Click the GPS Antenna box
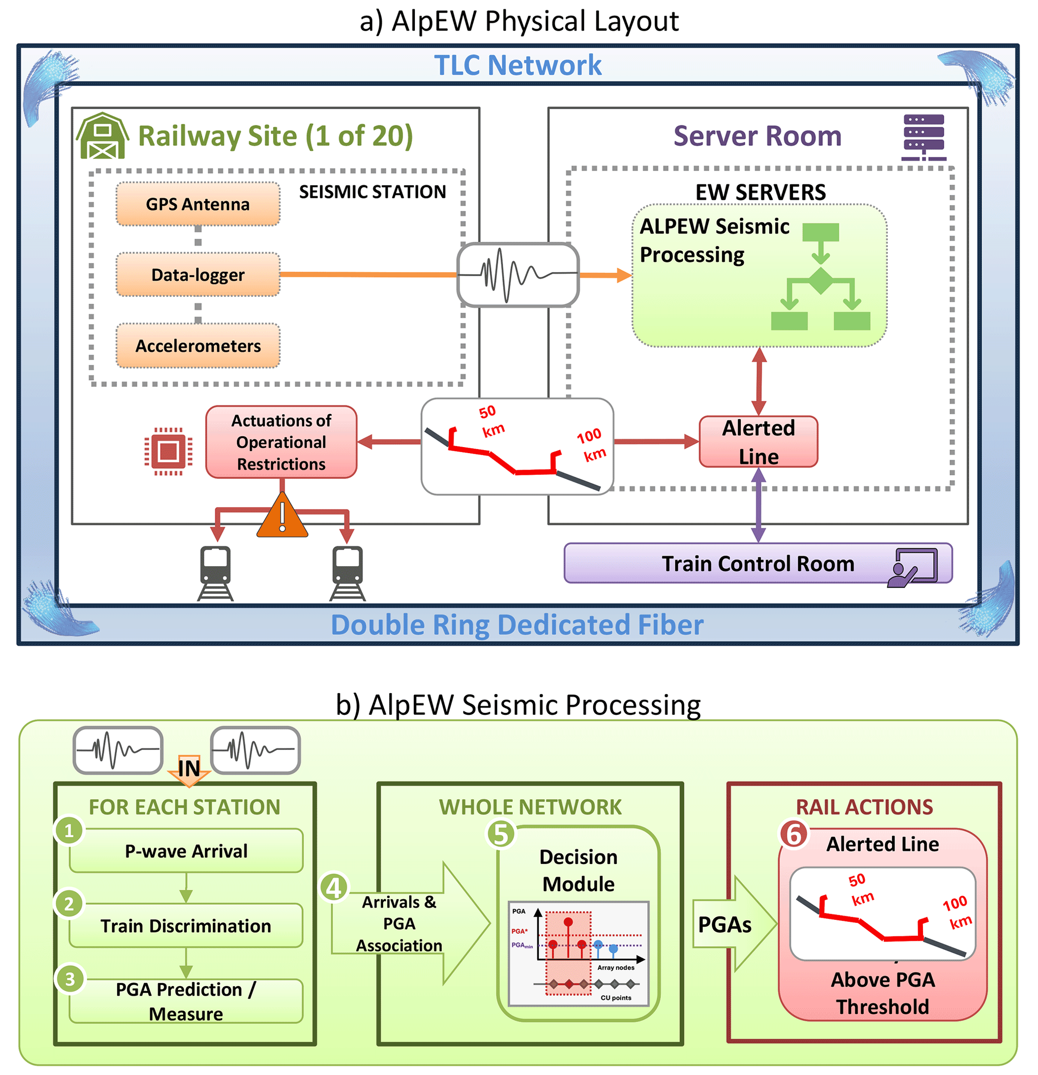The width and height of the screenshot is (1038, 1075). [x=197, y=204]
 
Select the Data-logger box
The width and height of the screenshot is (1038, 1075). [x=197, y=274]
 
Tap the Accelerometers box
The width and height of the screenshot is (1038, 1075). [x=197, y=346]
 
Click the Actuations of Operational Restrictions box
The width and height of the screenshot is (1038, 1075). [x=281, y=442]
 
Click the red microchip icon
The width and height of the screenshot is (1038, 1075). [x=168, y=451]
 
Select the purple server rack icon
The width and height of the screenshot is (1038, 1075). [x=924, y=137]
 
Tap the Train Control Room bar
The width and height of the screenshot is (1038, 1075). [x=757, y=563]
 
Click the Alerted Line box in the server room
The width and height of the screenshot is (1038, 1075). [x=758, y=442]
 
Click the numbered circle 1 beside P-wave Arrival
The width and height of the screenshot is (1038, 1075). [x=69, y=830]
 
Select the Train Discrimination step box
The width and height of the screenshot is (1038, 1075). [x=185, y=926]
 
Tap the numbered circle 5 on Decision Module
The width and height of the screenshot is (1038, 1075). [x=501, y=834]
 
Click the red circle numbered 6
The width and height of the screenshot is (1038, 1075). [x=793, y=834]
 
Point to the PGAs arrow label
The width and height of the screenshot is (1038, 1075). [x=724, y=925]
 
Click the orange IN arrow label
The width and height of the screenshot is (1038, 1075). [x=189, y=769]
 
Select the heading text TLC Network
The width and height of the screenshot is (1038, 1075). [x=518, y=65]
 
